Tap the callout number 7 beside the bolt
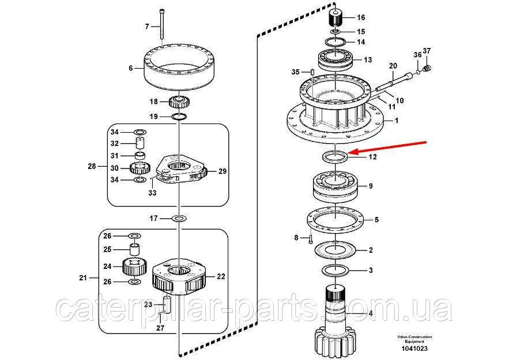147,27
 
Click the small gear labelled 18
180,103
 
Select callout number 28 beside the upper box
91,167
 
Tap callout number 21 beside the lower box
82,278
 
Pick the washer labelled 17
180,218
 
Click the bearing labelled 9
336,187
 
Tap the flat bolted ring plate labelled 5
336,220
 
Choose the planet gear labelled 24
133,267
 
